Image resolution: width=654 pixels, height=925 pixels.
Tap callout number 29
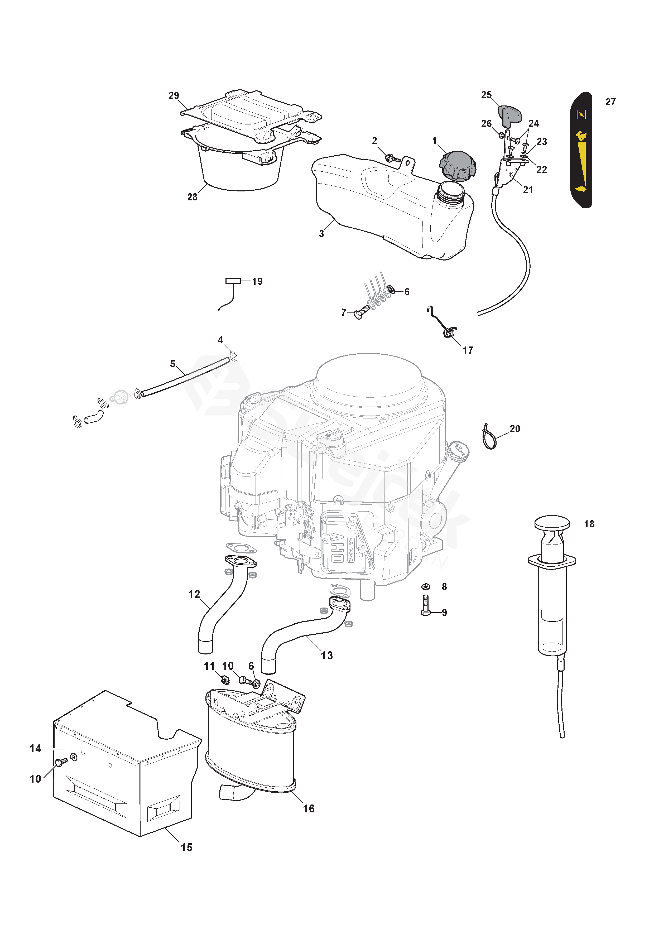174,95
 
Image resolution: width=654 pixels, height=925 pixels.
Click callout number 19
257,281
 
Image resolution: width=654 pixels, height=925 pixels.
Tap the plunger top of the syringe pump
552,523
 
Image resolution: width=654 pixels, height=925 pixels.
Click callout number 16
309,808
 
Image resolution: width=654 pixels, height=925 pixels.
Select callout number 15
186,847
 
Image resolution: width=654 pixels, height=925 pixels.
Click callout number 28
192,197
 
